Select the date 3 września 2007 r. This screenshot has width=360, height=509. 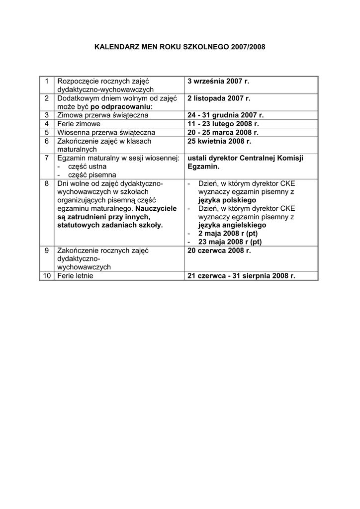(x=218, y=81)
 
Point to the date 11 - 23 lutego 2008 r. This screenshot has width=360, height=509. (x=223, y=124)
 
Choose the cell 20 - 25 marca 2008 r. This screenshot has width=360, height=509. (x=223, y=133)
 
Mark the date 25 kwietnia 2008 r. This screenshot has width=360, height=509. (x=219, y=141)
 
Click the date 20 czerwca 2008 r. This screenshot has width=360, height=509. (x=219, y=251)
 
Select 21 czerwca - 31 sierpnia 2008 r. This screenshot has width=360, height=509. (x=241, y=276)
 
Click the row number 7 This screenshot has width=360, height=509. (x=47, y=158)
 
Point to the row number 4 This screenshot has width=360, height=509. (x=47, y=124)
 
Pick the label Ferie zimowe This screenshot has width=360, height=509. (x=79, y=124)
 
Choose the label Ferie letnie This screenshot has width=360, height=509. (x=76, y=276)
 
